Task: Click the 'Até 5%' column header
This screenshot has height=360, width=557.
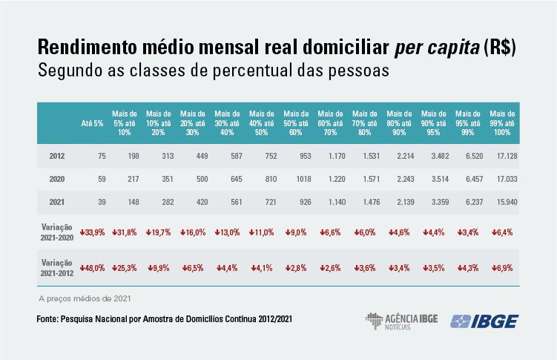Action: click(92, 122)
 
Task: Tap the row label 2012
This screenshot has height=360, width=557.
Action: click(57, 156)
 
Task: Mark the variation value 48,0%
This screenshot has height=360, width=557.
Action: click(92, 267)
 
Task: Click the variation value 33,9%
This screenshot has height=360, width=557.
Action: click(92, 232)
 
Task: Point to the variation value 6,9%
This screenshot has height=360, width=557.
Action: click(502, 267)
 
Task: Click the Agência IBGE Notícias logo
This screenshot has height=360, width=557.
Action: click(401, 321)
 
